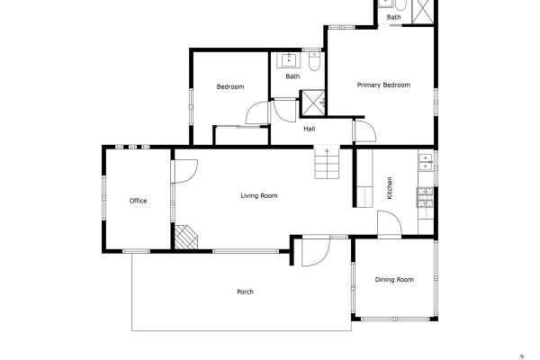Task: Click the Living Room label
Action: click(259, 195)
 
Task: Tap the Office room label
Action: click(138, 201)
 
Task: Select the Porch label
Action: click(245, 292)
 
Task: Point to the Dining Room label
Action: click(394, 279)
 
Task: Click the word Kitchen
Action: click(390, 188)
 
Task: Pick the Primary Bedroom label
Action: click(383, 85)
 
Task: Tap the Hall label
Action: click(310, 129)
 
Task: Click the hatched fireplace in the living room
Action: click(186, 237)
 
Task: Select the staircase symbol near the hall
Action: click(328, 164)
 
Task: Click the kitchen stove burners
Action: click(426, 197)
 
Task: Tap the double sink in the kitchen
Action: click(426, 163)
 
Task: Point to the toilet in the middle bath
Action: click(314, 61)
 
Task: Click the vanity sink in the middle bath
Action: click(289, 60)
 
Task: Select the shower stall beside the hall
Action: click(313, 103)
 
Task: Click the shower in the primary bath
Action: click(423, 12)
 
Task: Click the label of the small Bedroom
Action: click(230, 86)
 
